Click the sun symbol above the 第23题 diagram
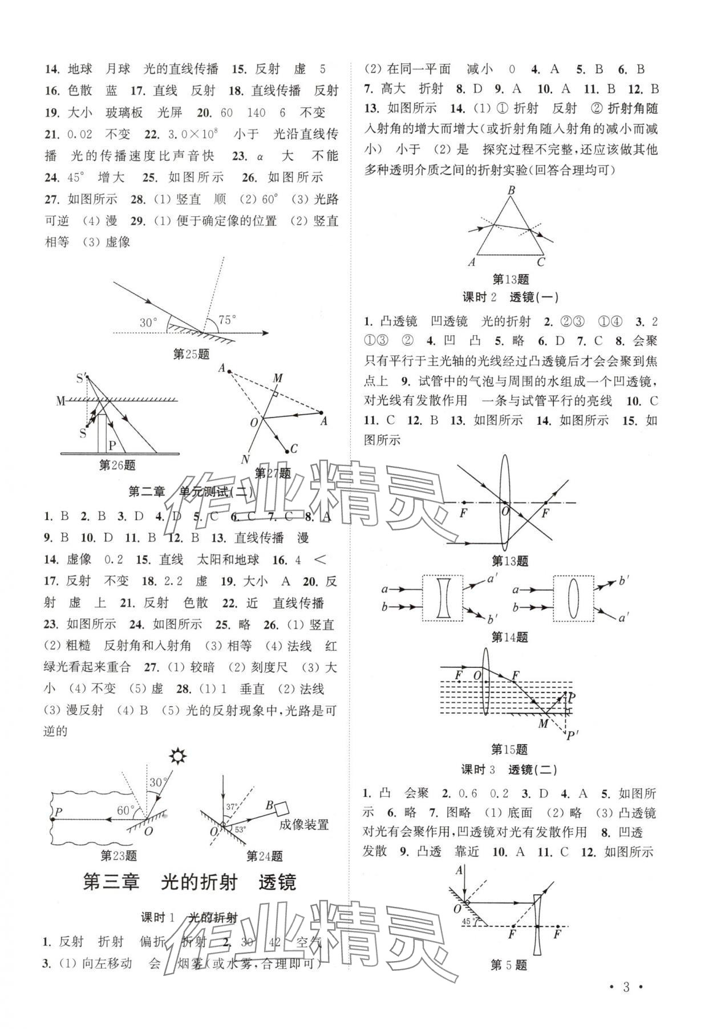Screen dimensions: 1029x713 click(x=179, y=756)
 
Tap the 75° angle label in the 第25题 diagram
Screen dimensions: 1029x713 click(x=226, y=320)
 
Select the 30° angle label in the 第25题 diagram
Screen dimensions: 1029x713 click(x=148, y=323)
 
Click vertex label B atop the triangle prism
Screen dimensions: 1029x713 click(x=511, y=191)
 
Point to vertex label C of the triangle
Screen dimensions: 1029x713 click(x=541, y=262)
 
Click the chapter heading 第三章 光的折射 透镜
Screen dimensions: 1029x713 click(x=189, y=882)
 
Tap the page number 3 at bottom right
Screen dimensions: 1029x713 click(x=626, y=987)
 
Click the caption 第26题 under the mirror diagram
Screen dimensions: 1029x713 click(x=118, y=465)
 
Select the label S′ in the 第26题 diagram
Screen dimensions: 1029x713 click(x=82, y=378)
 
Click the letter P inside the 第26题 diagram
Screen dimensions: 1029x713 click(x=112, y=445)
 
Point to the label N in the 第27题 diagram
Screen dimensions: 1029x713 click(x=245, y=459)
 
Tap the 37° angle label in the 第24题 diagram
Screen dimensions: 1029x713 click(x=231, y=807)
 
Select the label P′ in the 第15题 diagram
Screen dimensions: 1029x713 click(x=570, y=736)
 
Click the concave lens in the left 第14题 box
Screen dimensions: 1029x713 click(x=443, y=598)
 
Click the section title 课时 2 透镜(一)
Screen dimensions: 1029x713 click(x=510, y=297)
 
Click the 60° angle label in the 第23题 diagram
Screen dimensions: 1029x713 click(x=125, y=810)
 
